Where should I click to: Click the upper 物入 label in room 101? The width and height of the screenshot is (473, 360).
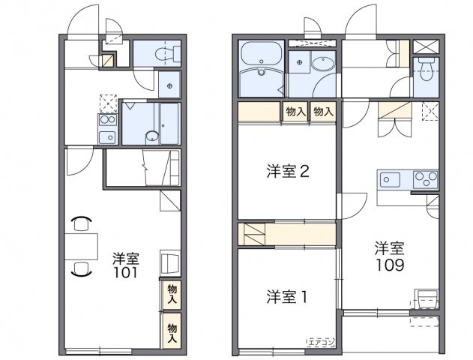click(172, 294)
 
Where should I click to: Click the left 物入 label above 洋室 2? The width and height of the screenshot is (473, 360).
click(295, 112)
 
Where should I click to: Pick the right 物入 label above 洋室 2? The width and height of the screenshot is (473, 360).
click(323, 112)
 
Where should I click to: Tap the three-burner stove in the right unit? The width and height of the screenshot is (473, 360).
click(425, 179)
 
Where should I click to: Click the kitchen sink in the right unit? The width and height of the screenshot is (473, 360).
click(391, 179)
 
